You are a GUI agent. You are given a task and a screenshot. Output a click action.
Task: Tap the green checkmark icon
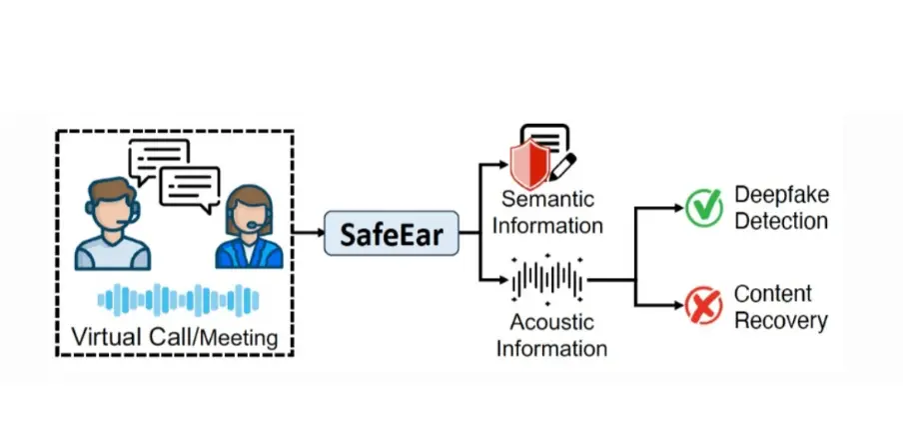point(703,208)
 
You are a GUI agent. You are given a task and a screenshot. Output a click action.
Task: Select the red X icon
point(703,307)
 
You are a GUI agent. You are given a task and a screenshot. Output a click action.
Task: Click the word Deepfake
point(781,194)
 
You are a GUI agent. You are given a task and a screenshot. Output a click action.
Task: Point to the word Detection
point(781,220)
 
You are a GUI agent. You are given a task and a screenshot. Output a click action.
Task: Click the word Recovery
point(781,320)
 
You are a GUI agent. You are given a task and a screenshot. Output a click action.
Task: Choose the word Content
point(773,294)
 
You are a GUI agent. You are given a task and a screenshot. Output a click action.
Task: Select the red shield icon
point(529,160)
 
